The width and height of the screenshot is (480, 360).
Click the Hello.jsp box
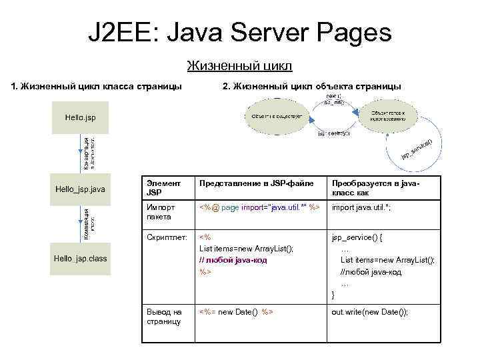point(80,117)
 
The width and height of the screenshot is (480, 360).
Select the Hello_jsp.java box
point(80,189)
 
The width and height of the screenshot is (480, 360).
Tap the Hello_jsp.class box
point(80,259)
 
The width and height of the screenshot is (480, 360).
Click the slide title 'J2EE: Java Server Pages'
point(240,31)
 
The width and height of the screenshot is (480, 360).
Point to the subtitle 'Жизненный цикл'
point(240,66)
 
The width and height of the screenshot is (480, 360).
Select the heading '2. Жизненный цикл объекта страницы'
point(311,86)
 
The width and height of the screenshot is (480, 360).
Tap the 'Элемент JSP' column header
point(163,187)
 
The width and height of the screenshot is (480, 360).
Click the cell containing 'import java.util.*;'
point(361,208)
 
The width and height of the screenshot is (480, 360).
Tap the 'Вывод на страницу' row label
point(164,316)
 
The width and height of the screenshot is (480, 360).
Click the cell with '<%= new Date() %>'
point(237,312)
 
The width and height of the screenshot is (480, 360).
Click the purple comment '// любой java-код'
point(233,260)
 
